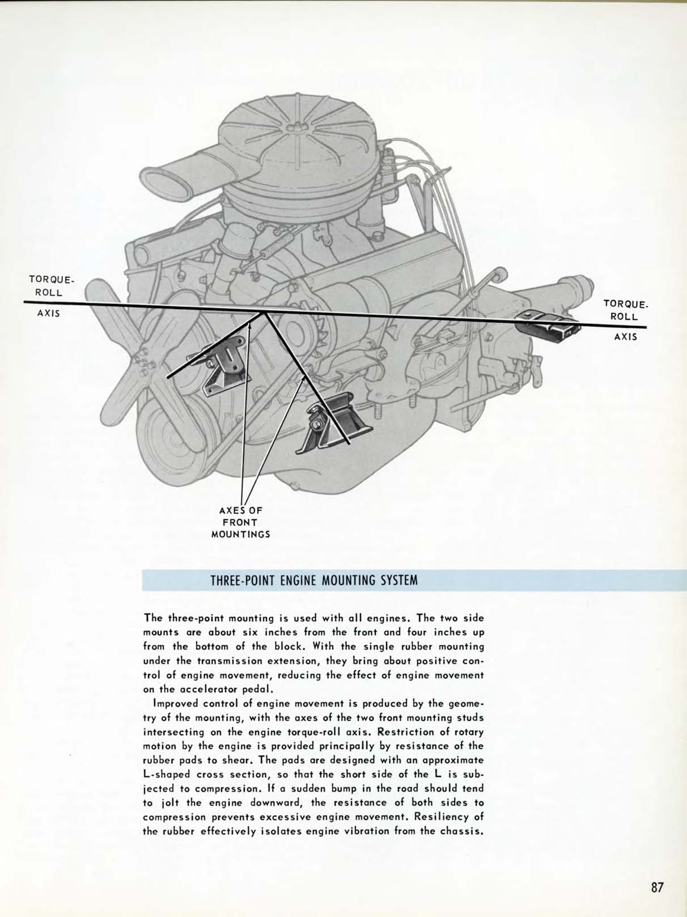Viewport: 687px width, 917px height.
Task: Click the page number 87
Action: coord(657,887)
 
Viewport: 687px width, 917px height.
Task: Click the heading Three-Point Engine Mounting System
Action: coord(314,581)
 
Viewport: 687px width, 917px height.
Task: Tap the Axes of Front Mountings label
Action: coord(240,522)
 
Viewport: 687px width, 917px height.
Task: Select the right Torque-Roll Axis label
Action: coord(625,320)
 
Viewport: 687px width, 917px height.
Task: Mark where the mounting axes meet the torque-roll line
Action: coord(264,312)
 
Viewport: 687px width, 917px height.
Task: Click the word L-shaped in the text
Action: coord(168,775)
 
